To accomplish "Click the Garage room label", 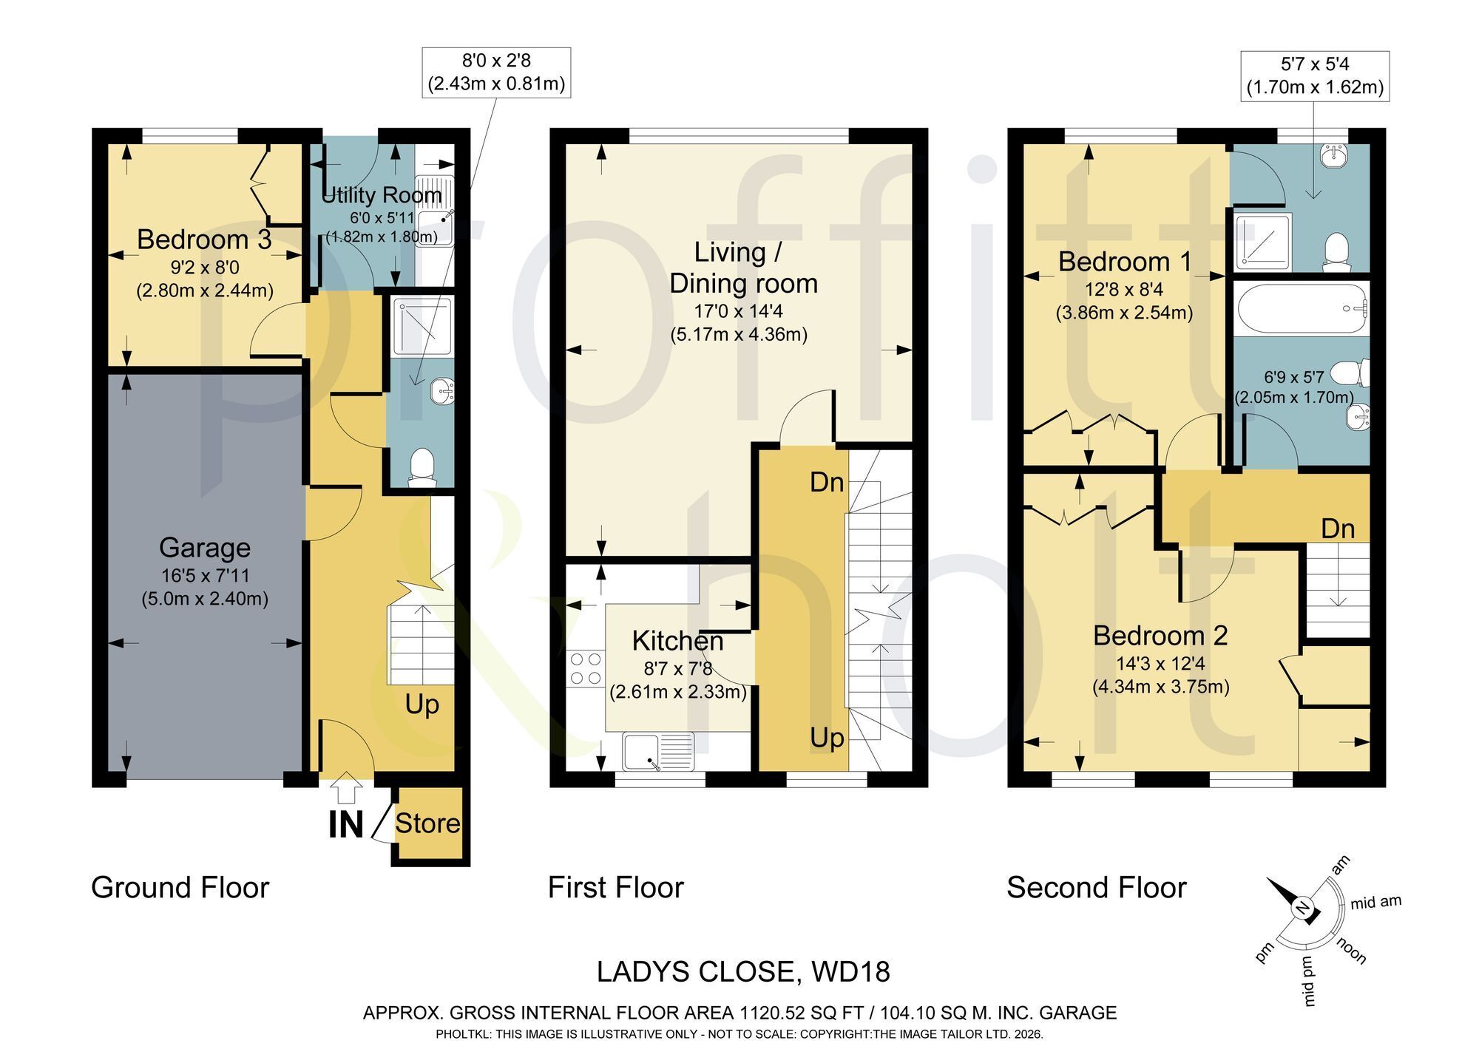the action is tap(205, 548).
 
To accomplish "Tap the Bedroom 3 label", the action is tap(204, 240).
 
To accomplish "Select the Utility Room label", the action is tap(382, 195).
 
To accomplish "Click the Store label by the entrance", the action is tap(427, 823).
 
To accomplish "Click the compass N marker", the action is tap(1303, 908).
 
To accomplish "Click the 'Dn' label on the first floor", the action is tap(827, 482).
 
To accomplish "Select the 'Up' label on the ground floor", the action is tap(422, 705).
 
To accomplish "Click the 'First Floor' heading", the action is tap(616, 887).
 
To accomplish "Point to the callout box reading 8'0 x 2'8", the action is tap(496, 72).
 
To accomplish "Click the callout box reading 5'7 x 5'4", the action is tap(1315, 75).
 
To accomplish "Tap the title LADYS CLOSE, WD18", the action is tap(743, 972).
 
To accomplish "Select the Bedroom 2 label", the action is tap(1160, 635).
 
